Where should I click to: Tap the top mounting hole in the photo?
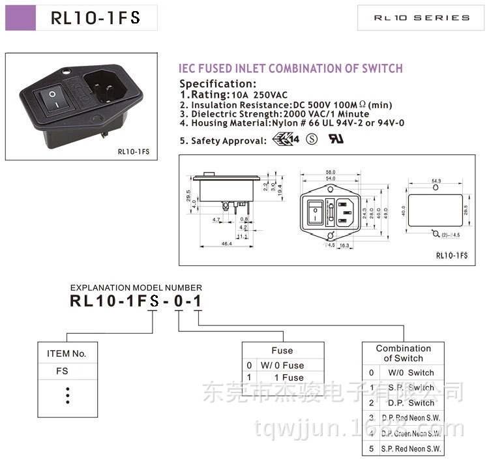68,72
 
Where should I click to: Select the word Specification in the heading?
218,83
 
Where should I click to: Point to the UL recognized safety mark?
336,140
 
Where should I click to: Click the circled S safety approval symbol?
312,140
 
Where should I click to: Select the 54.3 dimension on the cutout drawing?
436,181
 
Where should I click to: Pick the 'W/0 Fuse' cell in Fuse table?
282,365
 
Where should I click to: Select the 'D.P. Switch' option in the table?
411,403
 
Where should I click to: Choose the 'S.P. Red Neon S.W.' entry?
411,449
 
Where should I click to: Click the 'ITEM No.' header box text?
67,354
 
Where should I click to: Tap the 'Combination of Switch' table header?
403,353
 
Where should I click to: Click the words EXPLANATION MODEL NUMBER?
136,288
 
